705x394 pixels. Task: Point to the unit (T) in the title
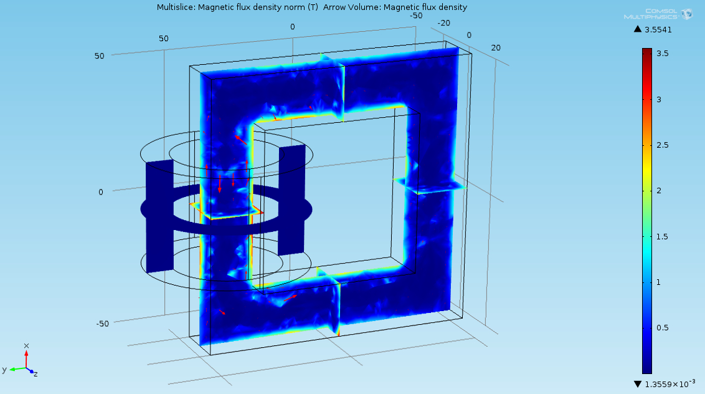pos(312,7)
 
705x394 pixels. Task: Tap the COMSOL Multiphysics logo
pos(658,14)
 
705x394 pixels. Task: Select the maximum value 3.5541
pos(658,30)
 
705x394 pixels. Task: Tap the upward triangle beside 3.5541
pos(638,29)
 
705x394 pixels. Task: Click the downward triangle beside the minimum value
pos(638,384)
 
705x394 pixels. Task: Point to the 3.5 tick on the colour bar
pos(662,54)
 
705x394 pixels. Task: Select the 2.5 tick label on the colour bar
pos(662,145)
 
